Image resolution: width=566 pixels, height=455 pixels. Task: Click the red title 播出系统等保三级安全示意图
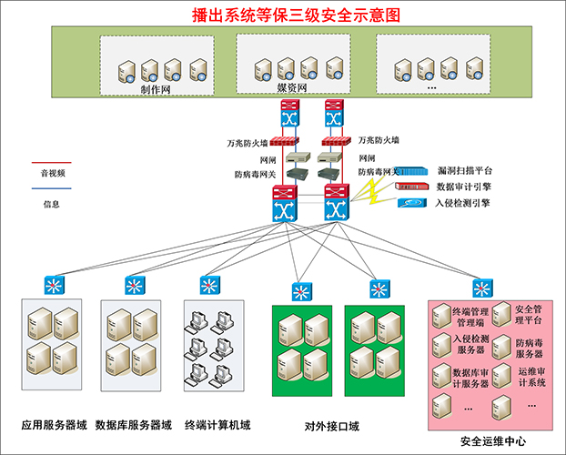tap(296, 15)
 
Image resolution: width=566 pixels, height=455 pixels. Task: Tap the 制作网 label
tap(156, 89)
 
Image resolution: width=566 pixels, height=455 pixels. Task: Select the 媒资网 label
tap(292, 87)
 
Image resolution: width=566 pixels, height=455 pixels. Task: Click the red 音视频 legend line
tap(52, 163)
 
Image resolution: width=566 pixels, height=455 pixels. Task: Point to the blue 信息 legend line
tap(52, 188)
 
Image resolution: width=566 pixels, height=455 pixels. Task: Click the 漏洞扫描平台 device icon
tap(410, 171)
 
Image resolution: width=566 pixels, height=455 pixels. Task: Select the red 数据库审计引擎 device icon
tap(412, 187)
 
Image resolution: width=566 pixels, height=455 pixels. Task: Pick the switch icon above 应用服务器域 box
tap(55, 285)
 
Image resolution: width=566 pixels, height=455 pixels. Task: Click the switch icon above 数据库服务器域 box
tap(135, 285)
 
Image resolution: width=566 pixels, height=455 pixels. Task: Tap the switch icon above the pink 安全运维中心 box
tap(482, 288)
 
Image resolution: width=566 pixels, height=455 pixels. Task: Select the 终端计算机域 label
tap(217, 425)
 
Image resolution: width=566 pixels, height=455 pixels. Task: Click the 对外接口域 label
tap(332, 427)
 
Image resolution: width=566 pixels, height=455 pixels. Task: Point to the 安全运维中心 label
tap(493, 441)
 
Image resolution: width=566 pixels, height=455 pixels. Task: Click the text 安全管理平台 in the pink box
tap(529, 315)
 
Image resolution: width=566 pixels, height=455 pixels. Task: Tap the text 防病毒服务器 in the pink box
tap(529, 349)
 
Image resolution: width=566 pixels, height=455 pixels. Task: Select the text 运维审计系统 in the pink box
tap(531, 377)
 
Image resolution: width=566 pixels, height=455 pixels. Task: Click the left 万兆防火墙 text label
tap(248, 144)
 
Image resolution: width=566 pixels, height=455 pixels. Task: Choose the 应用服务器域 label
tap(55, 425)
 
